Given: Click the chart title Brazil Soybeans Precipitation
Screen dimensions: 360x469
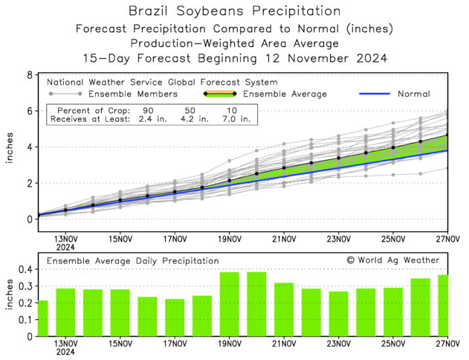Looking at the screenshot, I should pyautogui.click(x=234, y=11).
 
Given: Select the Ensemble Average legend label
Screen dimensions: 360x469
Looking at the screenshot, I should pyautogui.click(x=286, y=94).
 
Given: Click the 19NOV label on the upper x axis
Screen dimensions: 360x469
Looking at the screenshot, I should pyautogui.click(x=230, y=240).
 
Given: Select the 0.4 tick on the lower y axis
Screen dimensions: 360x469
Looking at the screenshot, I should pyautogui.click(x=25, y=269).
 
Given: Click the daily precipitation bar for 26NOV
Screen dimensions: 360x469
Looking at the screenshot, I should pyautogui.click(x=421, y=307).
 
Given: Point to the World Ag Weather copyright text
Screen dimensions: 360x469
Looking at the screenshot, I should pyautogui.click(x=393, y=260).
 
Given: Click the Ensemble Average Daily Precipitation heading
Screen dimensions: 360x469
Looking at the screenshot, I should pyautogui.click(x=133, y=261).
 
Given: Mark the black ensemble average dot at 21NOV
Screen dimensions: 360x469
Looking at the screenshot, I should pyautogui.click(x=284, y=168).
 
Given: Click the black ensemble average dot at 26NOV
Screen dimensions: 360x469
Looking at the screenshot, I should pyautogui.click(x=421, y=141).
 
